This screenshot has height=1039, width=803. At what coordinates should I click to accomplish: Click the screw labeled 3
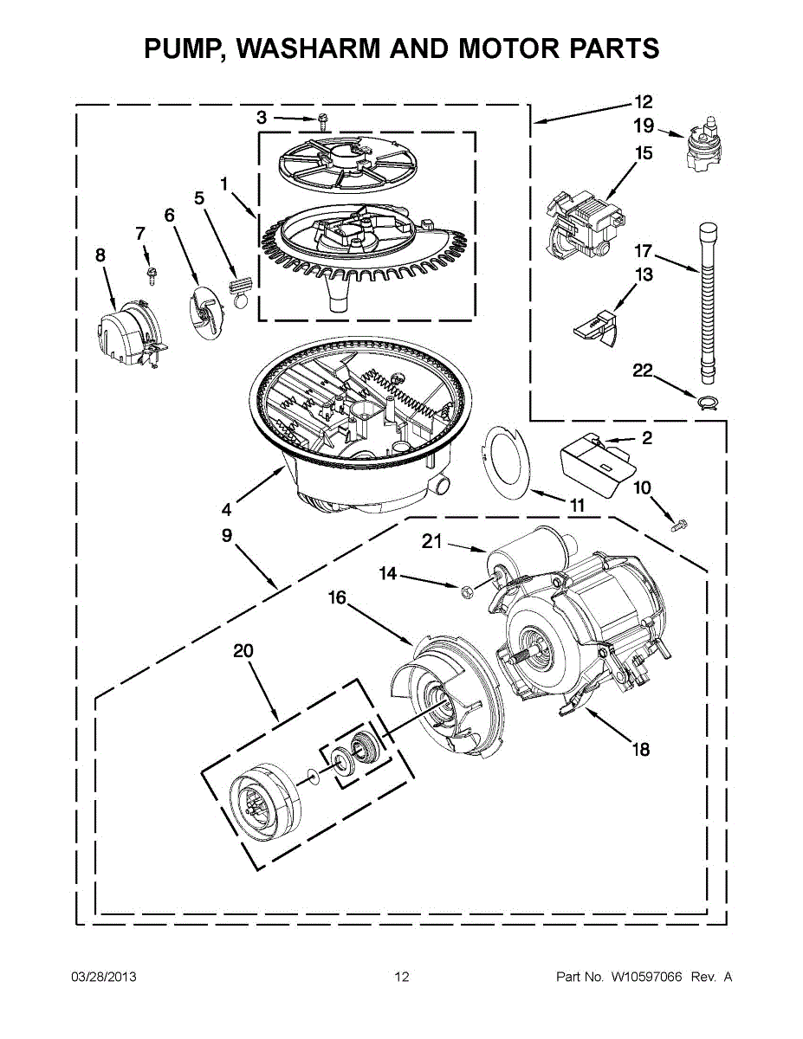coord(322,120)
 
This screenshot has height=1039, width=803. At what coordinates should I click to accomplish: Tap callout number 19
coord(643,126)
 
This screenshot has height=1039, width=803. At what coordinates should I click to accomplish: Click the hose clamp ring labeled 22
coord(708,399)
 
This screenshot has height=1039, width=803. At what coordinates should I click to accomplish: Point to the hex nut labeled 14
coord(465,590)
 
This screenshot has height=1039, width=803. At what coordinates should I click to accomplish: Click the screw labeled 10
coord(678,523)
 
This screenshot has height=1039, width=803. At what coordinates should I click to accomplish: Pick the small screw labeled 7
coord(150,274)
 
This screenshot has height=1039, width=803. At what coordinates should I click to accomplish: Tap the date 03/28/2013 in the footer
coord(103,977)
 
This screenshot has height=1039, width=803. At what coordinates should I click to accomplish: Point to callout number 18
coord(640,750)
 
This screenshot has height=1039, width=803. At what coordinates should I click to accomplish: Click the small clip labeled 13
coord(597,326)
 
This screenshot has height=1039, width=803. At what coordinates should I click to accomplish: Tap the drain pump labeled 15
coord(578,224)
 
